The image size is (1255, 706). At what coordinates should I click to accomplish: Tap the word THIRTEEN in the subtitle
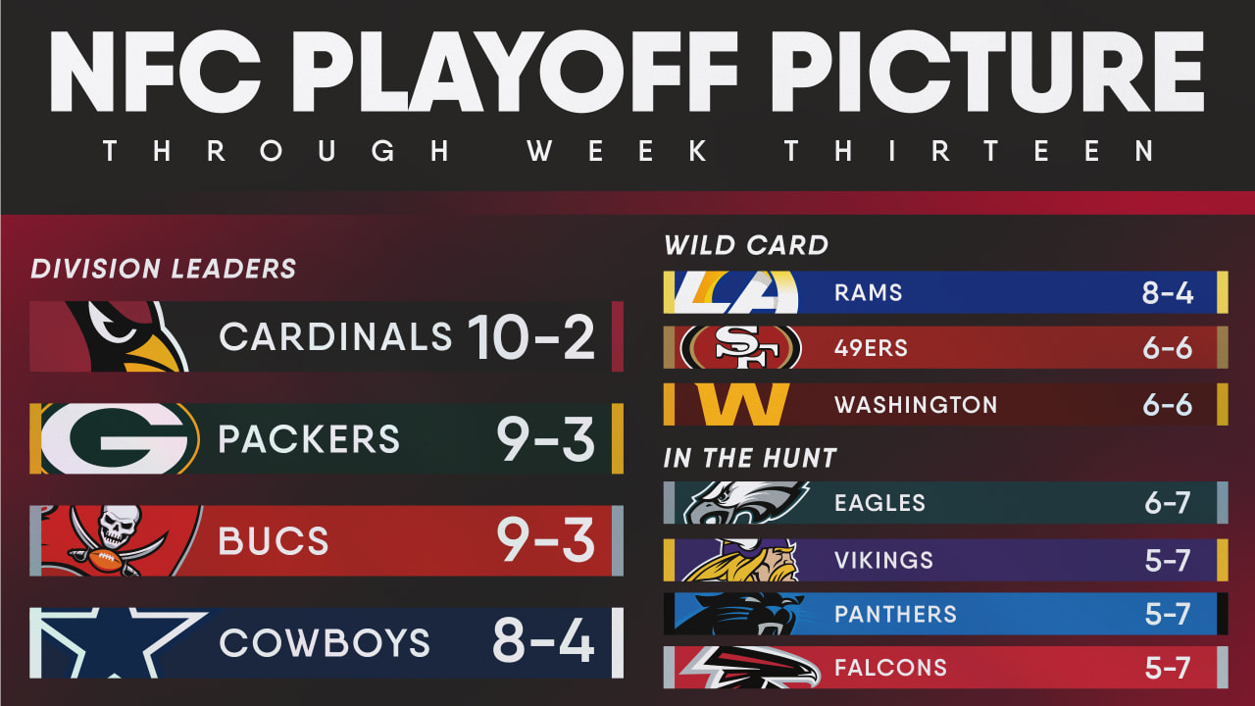[969, 151]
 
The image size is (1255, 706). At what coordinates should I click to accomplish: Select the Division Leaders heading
[163, 269]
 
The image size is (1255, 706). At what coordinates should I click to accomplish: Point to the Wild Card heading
[746, 245]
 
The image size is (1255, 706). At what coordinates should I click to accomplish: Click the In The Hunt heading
[750, 458]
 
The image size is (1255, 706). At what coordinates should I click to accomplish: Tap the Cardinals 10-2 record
[530, 336]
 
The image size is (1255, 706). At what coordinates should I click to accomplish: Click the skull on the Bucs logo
[117, 525]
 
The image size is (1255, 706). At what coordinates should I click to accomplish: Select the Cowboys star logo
[119, 642]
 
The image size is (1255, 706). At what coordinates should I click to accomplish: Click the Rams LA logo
[736, 292]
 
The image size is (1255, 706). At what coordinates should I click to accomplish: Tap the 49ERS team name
[871, 348]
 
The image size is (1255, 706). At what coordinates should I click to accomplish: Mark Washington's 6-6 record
[1168, 405]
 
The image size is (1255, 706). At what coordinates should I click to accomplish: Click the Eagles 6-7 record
[1167, 503]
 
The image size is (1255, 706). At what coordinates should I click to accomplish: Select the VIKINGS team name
[883, 560]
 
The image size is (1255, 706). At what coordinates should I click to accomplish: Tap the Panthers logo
[736, 614]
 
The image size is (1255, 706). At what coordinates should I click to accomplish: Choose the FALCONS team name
[891, 668]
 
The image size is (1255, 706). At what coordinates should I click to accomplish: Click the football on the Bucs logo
[105, 560]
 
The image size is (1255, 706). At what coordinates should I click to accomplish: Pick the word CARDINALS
[335, 336]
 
